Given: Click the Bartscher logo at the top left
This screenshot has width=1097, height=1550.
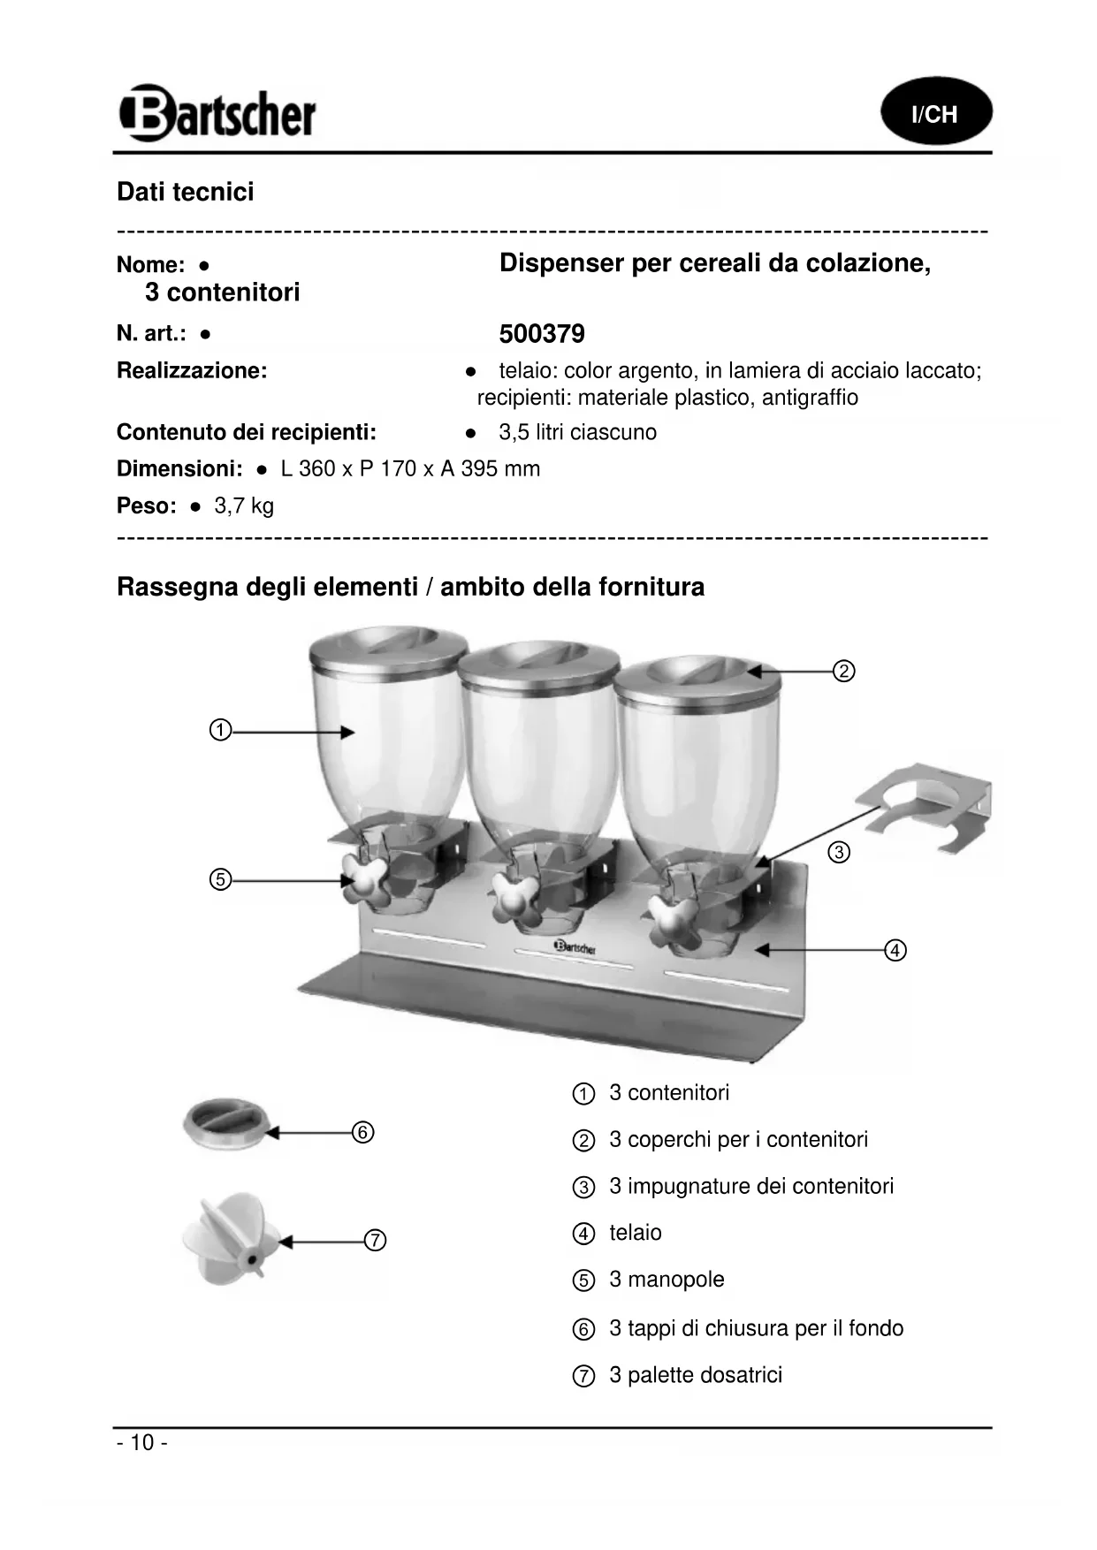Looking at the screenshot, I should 217,113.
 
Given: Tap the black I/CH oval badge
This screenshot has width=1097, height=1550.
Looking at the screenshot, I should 936,112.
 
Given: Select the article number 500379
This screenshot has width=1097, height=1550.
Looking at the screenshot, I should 542,334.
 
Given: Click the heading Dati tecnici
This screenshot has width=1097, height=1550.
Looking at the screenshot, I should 186,193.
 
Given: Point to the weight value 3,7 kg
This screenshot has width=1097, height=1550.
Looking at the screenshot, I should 245,506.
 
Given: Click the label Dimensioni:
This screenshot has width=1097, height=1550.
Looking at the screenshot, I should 179,469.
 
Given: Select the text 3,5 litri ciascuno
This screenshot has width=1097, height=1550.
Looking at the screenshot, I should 577,433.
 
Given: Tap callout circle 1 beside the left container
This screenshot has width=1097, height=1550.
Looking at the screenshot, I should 220,731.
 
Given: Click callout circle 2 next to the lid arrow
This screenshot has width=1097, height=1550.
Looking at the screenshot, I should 844,672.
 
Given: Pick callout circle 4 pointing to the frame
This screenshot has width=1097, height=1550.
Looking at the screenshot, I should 895,951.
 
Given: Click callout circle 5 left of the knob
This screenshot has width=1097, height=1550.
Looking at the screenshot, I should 220,880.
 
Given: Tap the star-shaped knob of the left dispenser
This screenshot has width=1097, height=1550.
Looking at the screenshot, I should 363,877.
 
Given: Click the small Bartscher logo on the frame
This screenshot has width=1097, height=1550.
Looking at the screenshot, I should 575,947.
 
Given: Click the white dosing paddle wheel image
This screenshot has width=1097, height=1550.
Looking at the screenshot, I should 230,1237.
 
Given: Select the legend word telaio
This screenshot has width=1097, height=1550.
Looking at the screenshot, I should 636,1233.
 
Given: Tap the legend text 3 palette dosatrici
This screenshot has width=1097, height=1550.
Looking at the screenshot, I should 696,1375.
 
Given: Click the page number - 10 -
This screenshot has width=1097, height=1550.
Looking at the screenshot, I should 141,1443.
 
